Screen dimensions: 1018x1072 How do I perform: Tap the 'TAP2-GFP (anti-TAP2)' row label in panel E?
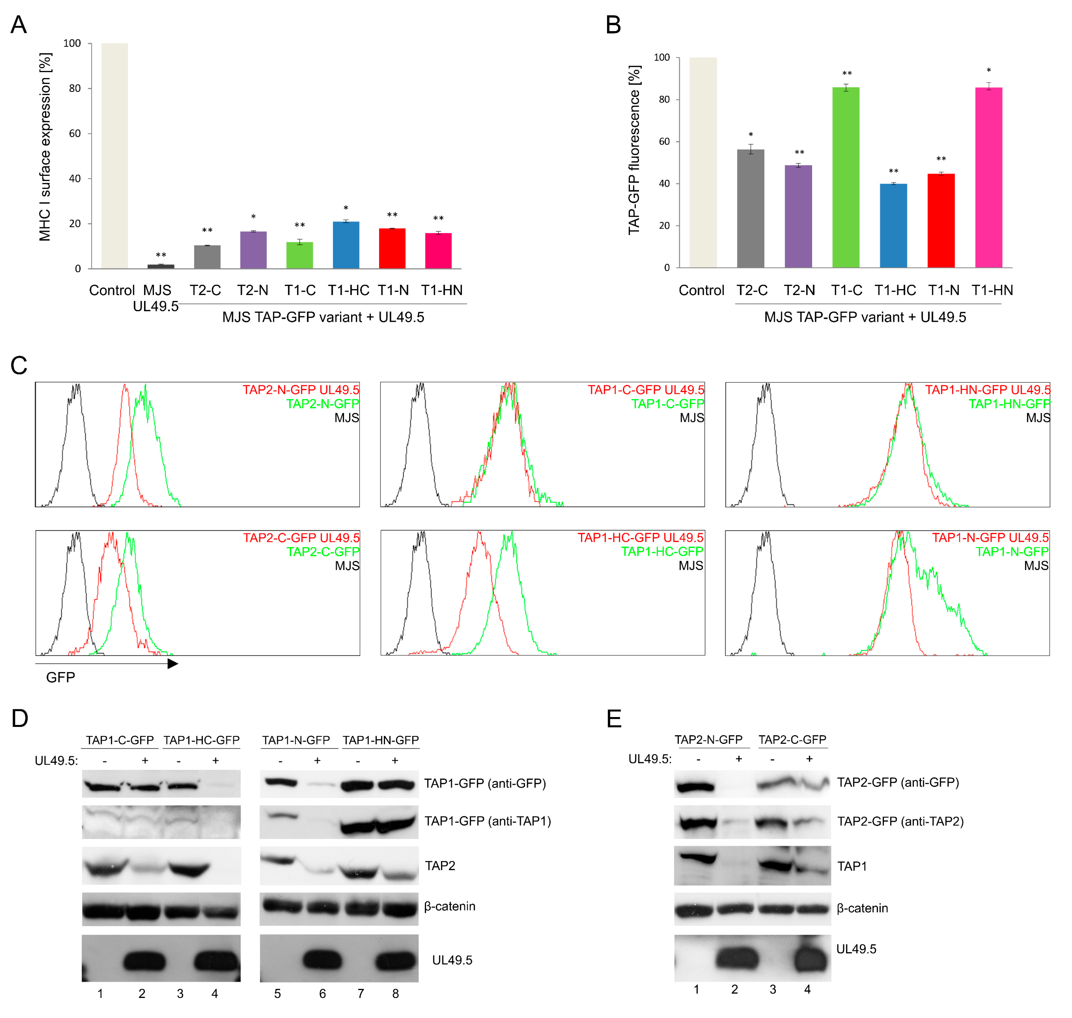(900, 821)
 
